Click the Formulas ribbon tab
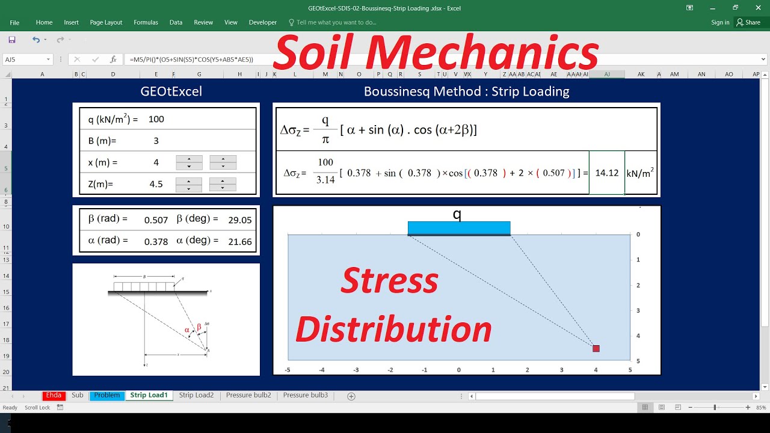tap(146, 22)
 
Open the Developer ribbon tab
tap(263, 22)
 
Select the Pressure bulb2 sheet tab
tap(248, 395)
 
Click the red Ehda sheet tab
tap(54, 395)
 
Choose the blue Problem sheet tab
tap(106, 395)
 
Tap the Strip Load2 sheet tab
tap(196, 395)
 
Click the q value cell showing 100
tap(156, 119)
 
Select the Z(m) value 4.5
tap(156, 184)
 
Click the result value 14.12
tap(606, 173)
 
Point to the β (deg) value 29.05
tap(240, 220)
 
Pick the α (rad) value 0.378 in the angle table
tap(156, 242)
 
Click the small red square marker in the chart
tap(596, 348)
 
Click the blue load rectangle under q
tap(459, 228)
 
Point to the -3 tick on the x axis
tap(356, 370)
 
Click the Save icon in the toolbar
tap(12, 40)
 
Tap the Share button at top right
tap(748, 22)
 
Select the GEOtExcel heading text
tap(171, 91)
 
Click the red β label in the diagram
tap(199, 327)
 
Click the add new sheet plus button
tap(351, 396)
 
